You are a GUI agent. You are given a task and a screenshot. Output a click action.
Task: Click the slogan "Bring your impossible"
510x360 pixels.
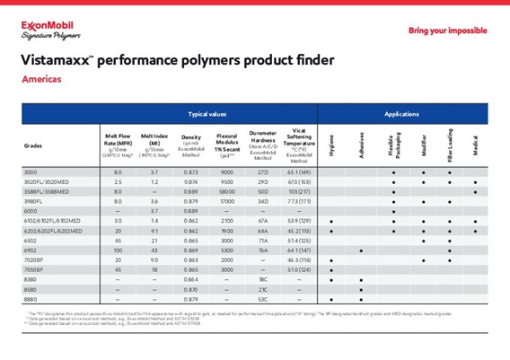(x=448, y=31)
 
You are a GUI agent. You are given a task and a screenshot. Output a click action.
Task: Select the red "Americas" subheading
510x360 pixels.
(x=42, y=80)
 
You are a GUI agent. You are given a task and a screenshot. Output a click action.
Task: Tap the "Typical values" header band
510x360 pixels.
(x=207, y=115)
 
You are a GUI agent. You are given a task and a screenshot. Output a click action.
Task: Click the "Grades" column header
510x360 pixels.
(x=33, y=145)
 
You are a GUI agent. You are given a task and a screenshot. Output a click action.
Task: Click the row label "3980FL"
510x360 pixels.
(x=33, y=202)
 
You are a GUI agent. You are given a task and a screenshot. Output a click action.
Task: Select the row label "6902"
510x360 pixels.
(x=31, y=250)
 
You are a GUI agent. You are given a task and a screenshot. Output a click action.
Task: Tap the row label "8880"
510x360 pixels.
(x=31, y=299)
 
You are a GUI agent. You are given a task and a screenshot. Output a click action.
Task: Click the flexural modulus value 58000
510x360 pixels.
(x=227, y=192)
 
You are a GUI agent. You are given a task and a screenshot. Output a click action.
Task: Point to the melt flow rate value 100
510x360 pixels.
(x=118, y=250)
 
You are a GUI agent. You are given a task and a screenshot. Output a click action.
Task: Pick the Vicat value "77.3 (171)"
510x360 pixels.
(x=299, y=202)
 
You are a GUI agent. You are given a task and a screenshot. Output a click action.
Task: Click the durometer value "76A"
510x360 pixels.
(x=264, y=250)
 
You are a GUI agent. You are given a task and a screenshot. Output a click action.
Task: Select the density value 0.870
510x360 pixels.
(x=190, y=289)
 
